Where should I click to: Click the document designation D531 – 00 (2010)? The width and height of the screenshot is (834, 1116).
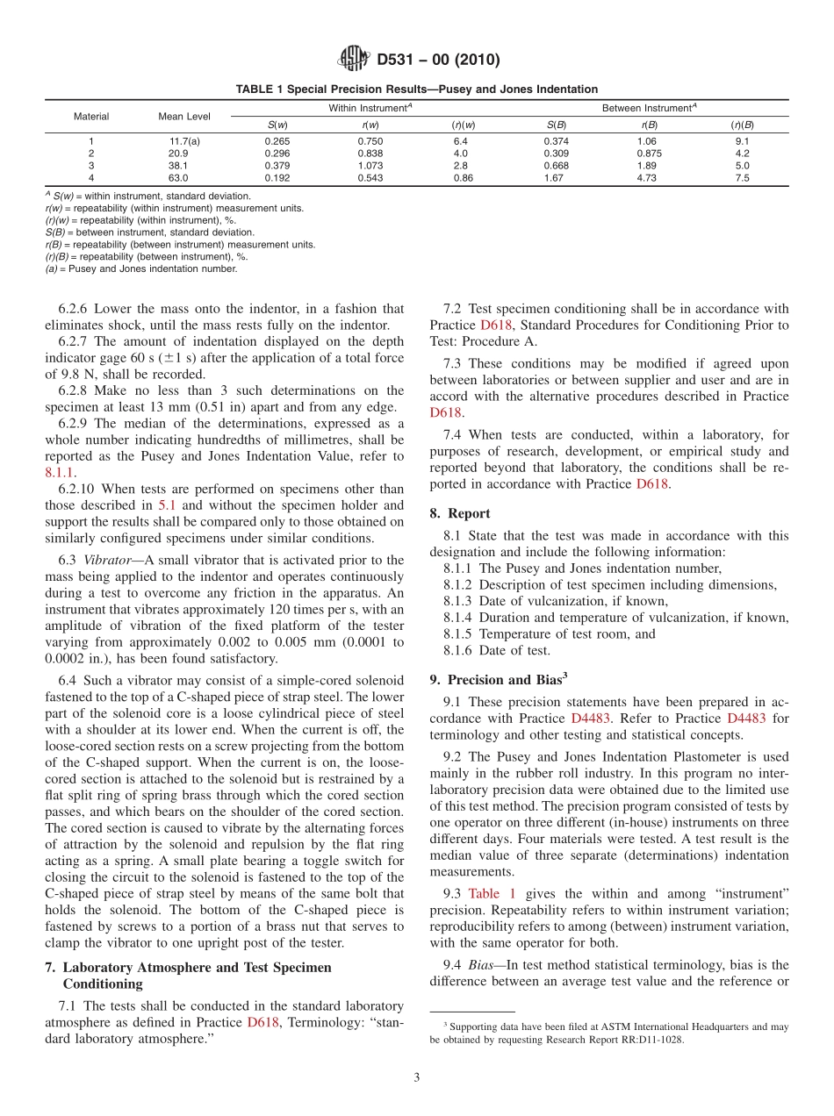pos(438,61)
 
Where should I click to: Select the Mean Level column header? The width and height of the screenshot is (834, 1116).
pos(184,116)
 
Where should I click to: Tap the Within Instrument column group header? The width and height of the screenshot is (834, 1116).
pos(370,108)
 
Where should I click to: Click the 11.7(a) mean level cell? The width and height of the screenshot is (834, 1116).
pos(184,140)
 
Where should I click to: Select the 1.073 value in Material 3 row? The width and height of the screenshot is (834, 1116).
pos(370,165)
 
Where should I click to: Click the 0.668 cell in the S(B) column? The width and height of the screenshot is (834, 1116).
pos(556,165)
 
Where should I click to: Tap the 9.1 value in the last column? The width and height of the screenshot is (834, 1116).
pos(742,140)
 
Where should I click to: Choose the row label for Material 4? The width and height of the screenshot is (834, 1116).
pos(91,177)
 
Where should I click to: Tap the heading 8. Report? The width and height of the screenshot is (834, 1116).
pos(460,513)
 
